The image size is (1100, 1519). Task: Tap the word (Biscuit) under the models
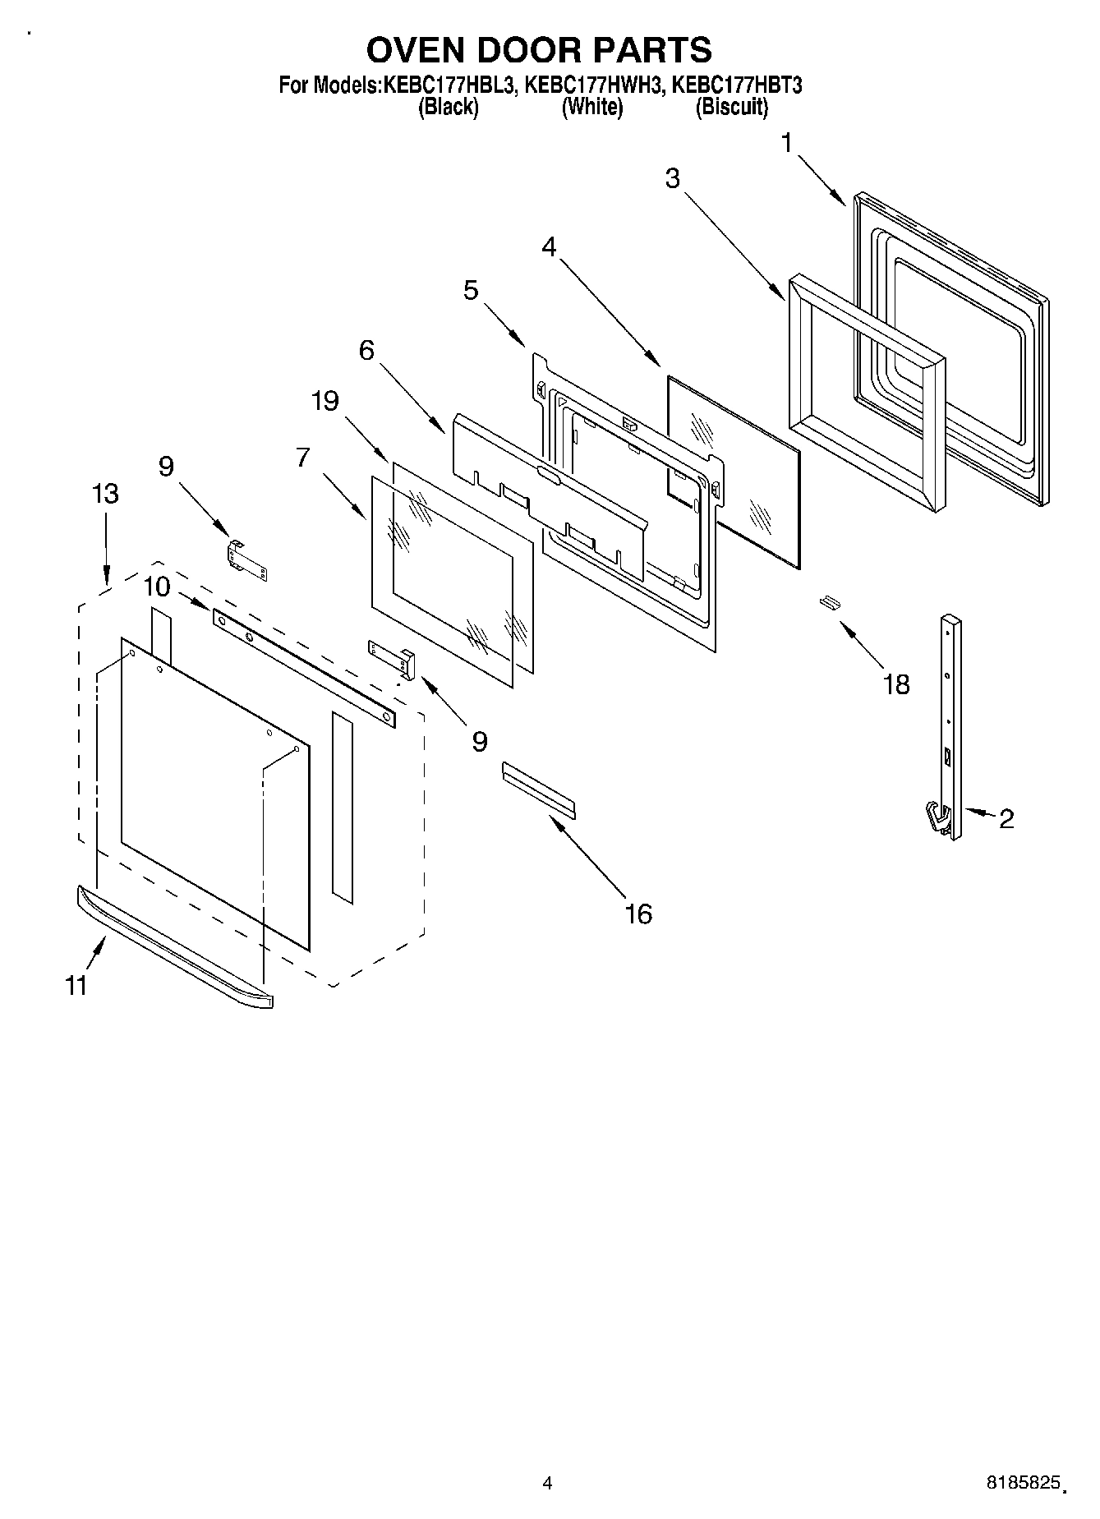tap(731, 107)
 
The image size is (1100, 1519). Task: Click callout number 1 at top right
tap(786, 144)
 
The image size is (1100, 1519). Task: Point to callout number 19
tap(324, 401)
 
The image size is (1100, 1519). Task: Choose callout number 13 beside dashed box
tap(104, 494)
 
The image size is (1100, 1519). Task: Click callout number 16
tap(638, 913)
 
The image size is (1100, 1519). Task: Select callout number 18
tap(895, 684)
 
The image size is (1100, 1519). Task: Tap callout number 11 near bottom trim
tap(76, 984)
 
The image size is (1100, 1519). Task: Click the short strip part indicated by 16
tap(539, 789)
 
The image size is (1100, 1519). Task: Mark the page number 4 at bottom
tap(547, 1484)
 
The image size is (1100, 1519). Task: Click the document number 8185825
tap(1019, 1484)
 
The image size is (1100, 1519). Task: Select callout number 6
tap(366, 350)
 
